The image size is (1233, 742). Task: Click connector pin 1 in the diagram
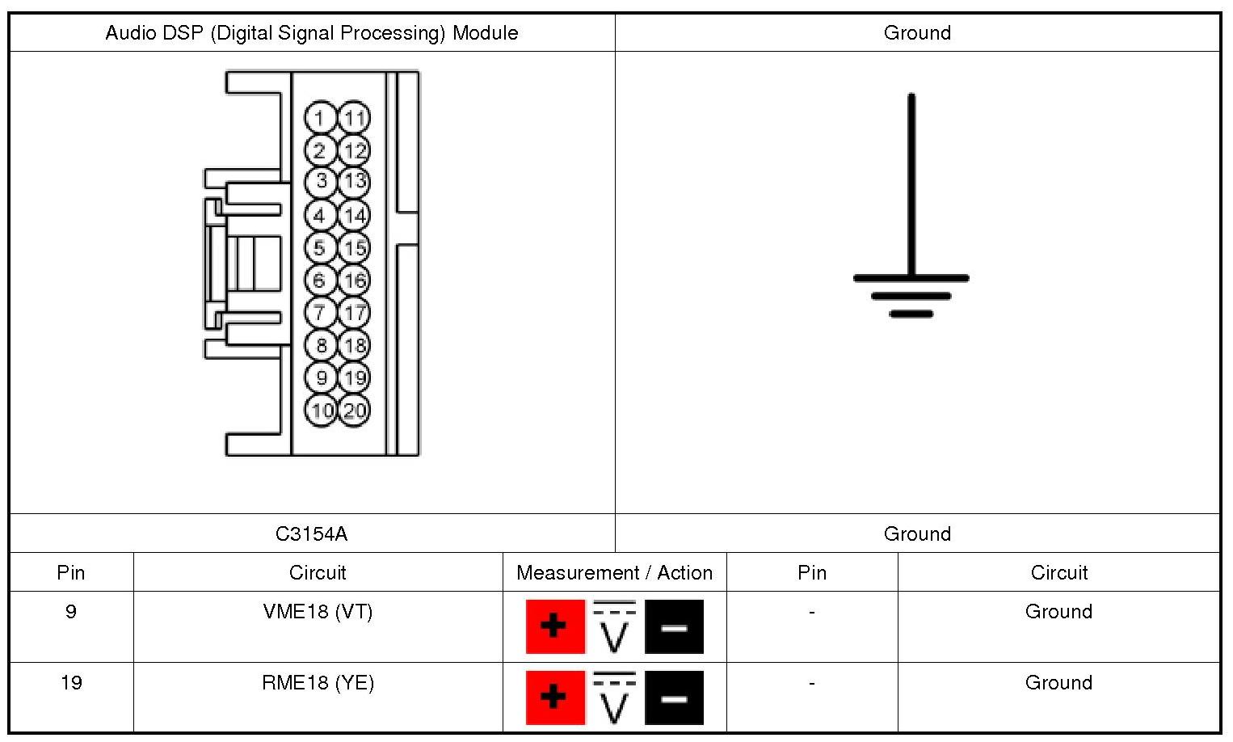320,118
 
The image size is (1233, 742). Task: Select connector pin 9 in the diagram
321,377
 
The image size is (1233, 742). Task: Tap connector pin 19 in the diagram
354,377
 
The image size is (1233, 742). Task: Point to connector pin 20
354,410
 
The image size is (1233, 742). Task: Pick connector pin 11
354,118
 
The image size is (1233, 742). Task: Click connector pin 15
354,247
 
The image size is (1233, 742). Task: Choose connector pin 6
320,280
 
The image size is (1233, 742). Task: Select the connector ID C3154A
311,533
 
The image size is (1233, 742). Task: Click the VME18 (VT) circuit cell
318,612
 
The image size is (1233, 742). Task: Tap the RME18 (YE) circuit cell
318,683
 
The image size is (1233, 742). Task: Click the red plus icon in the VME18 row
555,626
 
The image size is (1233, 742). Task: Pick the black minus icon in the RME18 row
674,698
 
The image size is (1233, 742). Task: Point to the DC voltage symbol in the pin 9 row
615,626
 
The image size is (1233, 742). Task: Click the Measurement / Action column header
614,572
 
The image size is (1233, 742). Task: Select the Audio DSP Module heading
311,33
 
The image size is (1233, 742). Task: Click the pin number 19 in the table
71,683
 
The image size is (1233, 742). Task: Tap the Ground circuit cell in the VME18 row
1058,612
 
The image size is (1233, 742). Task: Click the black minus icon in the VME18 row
674,626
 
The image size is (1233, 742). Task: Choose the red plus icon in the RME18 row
555,698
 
